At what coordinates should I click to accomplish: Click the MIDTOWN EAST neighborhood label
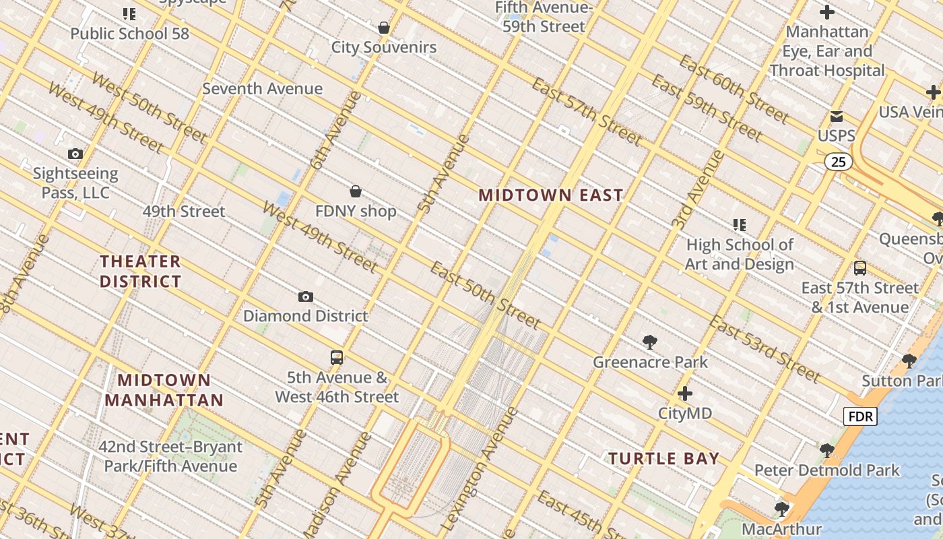pyautogui.click(x=551, y=195)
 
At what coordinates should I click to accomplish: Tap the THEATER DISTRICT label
pyautogui.click(x=141, y=271)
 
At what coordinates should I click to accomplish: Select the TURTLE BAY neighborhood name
pyautogui.click(x=664, y=459)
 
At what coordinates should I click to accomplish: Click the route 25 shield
pyautogui.click(x=838, y=162)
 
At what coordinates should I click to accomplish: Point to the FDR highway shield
pyautogui.click(x=860, y=417)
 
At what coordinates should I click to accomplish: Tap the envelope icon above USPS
pyautogui.click(x=837, y=117)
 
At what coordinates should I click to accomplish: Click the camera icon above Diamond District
pyautogui.click(x=306, y=297)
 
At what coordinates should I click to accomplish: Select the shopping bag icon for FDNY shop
pyautogui.click(x=356, y=192)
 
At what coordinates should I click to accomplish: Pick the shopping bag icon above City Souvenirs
pyautogui.click(x=384, y=28)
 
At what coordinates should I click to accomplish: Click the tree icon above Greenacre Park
pyautogui.click(x=650, y=342)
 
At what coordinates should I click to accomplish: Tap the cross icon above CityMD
pyautogui.click(x=685, y=393)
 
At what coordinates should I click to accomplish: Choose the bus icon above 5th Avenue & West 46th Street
pyautogui.click(x=337, y=358)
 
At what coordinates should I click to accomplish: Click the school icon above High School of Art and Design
pyautogui.click(x=740, y=225)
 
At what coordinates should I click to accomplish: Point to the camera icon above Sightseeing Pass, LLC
pyautogui.click(x=75, y=154)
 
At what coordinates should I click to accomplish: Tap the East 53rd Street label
pyautogui.click(x=765, y=348)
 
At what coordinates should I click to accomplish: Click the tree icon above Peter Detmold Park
pyautogui.click(x=827, y=451)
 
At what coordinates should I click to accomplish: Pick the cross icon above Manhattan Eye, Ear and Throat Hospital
pyautogui.click(x=827, y=12)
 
